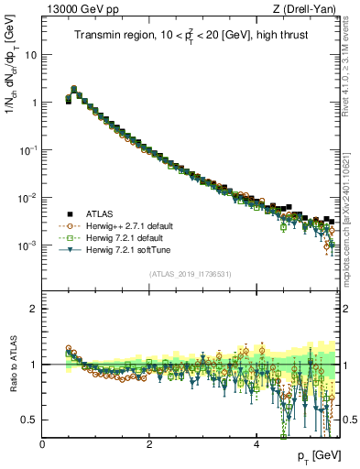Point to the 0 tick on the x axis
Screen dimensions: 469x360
pyautogui.click(x=43, y=443)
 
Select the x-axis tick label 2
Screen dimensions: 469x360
pyautogui.click(x=149, y=443)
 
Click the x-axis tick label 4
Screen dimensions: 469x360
pyautogui.click(x=256, y=443)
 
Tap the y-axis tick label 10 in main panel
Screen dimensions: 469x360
pyautogui.click(x=31, y=54)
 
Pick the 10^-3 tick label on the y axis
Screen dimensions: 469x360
pyautogui.click(x=27, y=245)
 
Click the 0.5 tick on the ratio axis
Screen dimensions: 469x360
pyautogui.click(x=29, y=420)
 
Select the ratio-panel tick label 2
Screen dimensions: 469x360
pyautogui.click(x=34, y=309)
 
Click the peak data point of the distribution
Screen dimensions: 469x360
pyautogui.click(x=74, y=89)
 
